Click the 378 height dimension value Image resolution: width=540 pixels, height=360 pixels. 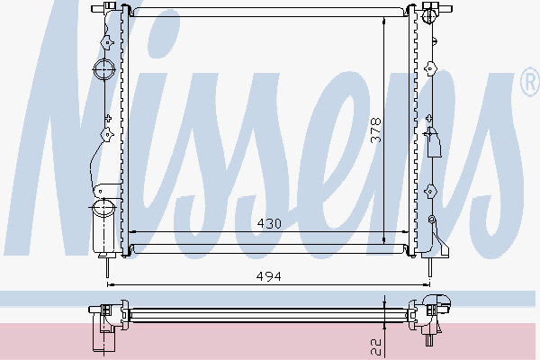(x=375, y=131)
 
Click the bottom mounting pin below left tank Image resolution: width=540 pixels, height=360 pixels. (x=107, y=265)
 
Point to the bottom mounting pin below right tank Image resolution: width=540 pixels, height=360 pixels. (x=428, y=266)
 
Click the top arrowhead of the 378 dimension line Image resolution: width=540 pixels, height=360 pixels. (x=384, y=21)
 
